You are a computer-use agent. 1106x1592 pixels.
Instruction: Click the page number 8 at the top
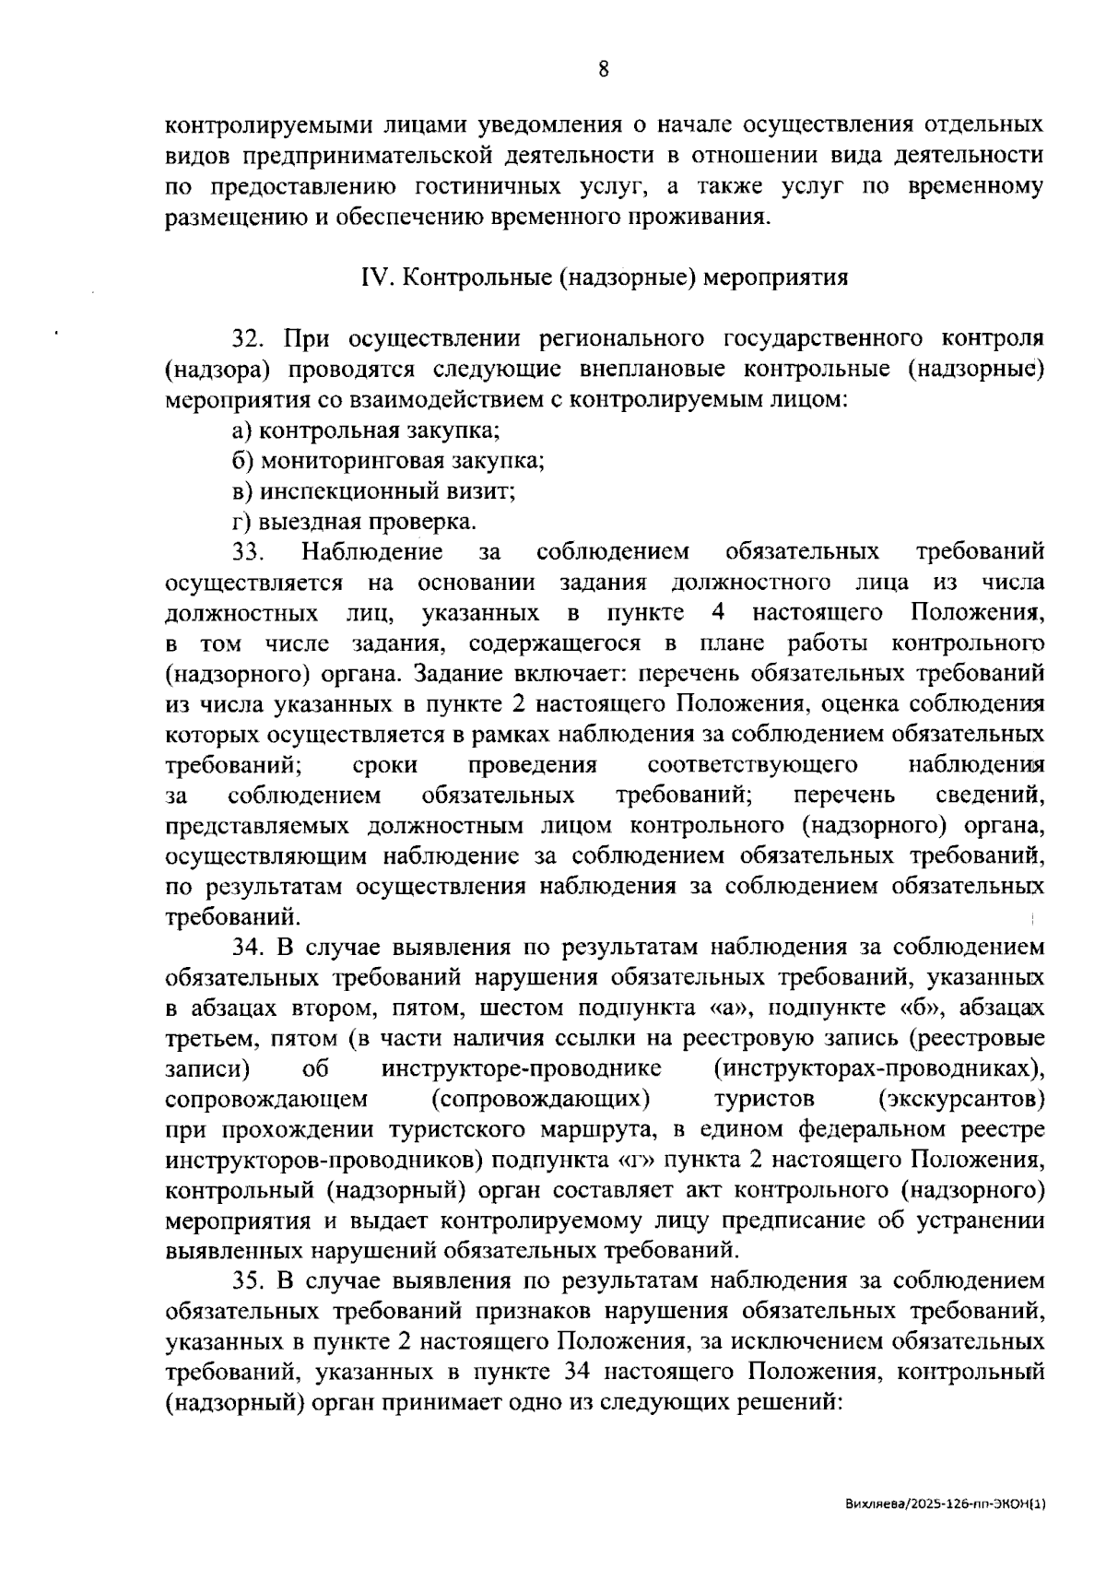(x=603, y=69)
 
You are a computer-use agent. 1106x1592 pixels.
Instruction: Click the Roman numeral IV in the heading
(x=373, y=277)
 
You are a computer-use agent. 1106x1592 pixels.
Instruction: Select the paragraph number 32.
(x=248, y=339)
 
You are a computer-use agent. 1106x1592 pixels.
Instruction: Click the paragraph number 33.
(x=248, y=552)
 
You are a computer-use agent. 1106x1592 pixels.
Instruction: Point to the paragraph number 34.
(x=248, y=947)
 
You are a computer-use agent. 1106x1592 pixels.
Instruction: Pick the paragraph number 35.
(x=248, y=1281)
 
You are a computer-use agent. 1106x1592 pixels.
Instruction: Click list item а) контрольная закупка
(x=366, y=430)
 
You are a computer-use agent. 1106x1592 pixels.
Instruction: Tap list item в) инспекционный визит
(x=373, y=491)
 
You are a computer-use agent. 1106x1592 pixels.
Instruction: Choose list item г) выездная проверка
(x=354, y=522)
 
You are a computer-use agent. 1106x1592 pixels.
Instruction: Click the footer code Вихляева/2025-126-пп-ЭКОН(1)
(x=945, y=1504)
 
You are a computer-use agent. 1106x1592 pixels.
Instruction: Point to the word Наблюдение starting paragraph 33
(x=371, y=552)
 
